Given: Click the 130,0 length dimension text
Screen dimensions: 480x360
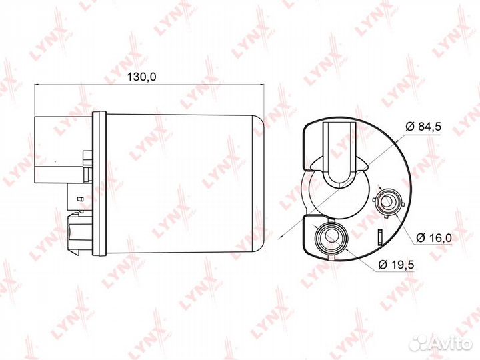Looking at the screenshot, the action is pyautogui.click(x=141, y=77).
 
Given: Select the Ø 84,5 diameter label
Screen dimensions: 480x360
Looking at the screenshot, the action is pyautogui.click(x=423, y=127).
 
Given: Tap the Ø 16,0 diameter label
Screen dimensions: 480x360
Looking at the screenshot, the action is pyautogui.click(x=434, y=237).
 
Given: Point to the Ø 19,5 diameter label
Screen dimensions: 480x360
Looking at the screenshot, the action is pyautogui.click(x=396, y=264).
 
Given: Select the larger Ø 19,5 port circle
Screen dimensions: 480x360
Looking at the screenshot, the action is pyautogui.click(x=331, y=236).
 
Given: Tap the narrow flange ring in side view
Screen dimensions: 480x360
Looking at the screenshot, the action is pyautogui.click(x=99, y=184).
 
